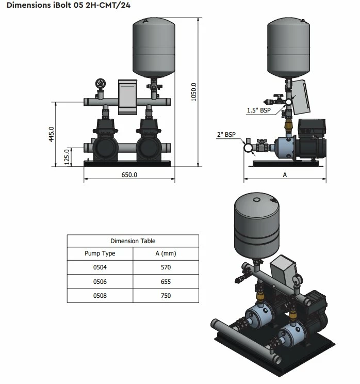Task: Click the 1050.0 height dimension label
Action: pos(194,92)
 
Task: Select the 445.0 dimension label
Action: pos(51,135)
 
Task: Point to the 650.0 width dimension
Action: pos(129,175)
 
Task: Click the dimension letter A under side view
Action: pos(284,175)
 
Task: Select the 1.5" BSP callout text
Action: pos(258,110)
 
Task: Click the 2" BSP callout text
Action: pos(226,135)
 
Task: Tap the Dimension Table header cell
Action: pos(133,241)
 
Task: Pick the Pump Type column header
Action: pos(100,253)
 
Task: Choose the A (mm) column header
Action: pos(165,253)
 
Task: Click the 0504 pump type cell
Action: pos(100,267)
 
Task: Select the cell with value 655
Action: pos(165,282)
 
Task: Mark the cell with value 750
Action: pos(165,296)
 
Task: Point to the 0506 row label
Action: pos(100,282)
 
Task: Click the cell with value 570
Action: pos(165,267)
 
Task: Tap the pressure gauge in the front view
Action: pos(100,84)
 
